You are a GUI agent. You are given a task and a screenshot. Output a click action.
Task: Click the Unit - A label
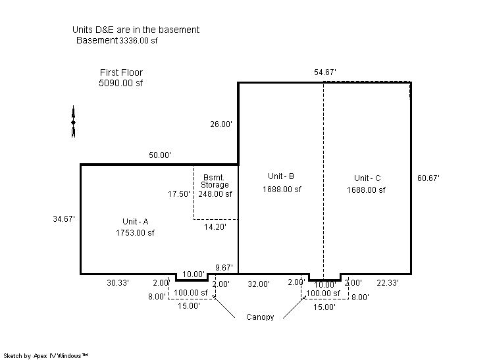click(x=136, y=222)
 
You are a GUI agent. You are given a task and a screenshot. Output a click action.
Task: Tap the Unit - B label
click(x=281, y=176)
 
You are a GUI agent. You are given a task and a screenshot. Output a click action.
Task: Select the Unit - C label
click(x=367, y=178)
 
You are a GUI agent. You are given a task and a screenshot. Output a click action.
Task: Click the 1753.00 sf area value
click(x=135, y=232)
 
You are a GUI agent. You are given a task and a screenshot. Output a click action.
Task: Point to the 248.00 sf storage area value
click(x=215, y=194)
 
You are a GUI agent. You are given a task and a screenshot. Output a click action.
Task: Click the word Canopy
click(x=260, y=317)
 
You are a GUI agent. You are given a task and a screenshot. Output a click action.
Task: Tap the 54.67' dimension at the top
click(x=325, y=72)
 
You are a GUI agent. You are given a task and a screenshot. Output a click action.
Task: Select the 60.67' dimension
click(x=428, y=178)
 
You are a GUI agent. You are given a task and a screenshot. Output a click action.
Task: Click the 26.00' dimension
click(x=221, y=124)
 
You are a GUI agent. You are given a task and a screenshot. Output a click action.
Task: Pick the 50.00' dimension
click(x=160, y=155)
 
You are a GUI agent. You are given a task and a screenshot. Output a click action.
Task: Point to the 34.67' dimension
click(x=64, y=219)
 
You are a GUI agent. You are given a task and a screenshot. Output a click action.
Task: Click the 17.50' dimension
click(x=179, y=194)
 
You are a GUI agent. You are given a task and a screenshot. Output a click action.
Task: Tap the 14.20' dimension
click(x=215, y=226)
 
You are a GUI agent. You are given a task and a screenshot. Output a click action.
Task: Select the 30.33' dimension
click(x=118, y=283)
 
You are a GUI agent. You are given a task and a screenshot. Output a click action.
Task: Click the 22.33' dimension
click(x=388, y=283)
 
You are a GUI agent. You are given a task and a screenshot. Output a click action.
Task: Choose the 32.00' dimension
click(x=259, y=284)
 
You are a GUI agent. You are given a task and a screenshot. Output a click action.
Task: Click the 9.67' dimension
click(x=224, y=268)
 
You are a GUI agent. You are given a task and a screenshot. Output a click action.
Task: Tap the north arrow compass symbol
click(x=73, y=122)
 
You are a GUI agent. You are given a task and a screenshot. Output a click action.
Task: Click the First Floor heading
click(x=121, y=72)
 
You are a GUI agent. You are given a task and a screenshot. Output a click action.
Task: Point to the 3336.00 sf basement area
click(x=138, y=40)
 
